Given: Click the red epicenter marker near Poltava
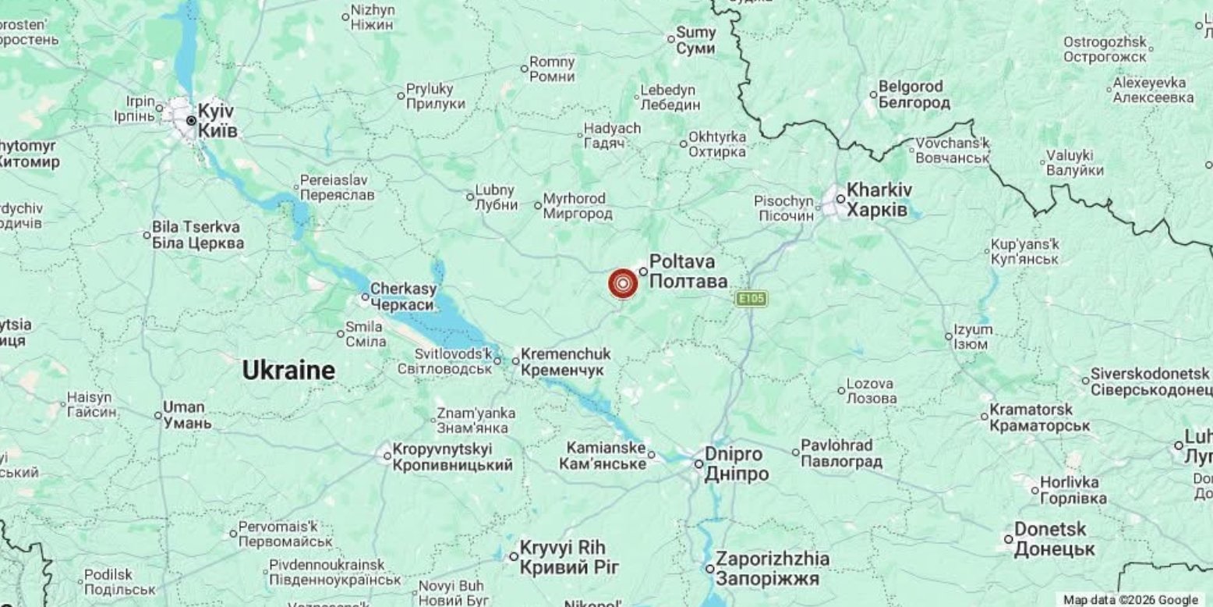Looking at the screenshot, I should (x=622, y=284).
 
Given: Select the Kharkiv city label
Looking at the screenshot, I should (x=879, y=200).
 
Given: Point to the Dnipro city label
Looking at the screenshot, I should (x=736, y=464).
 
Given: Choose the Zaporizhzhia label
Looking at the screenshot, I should (x=772, y=569).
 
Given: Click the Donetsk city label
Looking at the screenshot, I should (x=1054, y=539).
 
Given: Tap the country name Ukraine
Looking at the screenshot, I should (x=288, y=371).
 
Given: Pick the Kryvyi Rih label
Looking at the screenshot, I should (x=563, y=557).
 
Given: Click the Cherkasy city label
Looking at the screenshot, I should (x=402, y=296).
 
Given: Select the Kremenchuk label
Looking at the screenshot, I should (x=565, y=362).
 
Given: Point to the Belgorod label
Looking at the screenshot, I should (x=914, y=94).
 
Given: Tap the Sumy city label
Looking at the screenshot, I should (x=695, y=41).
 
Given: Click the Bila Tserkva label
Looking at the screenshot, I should (x=197, y=235).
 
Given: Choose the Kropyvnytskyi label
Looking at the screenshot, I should (x=452, y=457).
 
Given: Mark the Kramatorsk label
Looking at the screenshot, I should (x=1039, y=417).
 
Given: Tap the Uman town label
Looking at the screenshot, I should (x=186, y=415).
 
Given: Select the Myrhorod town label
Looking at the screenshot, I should (x=577, y=207).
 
